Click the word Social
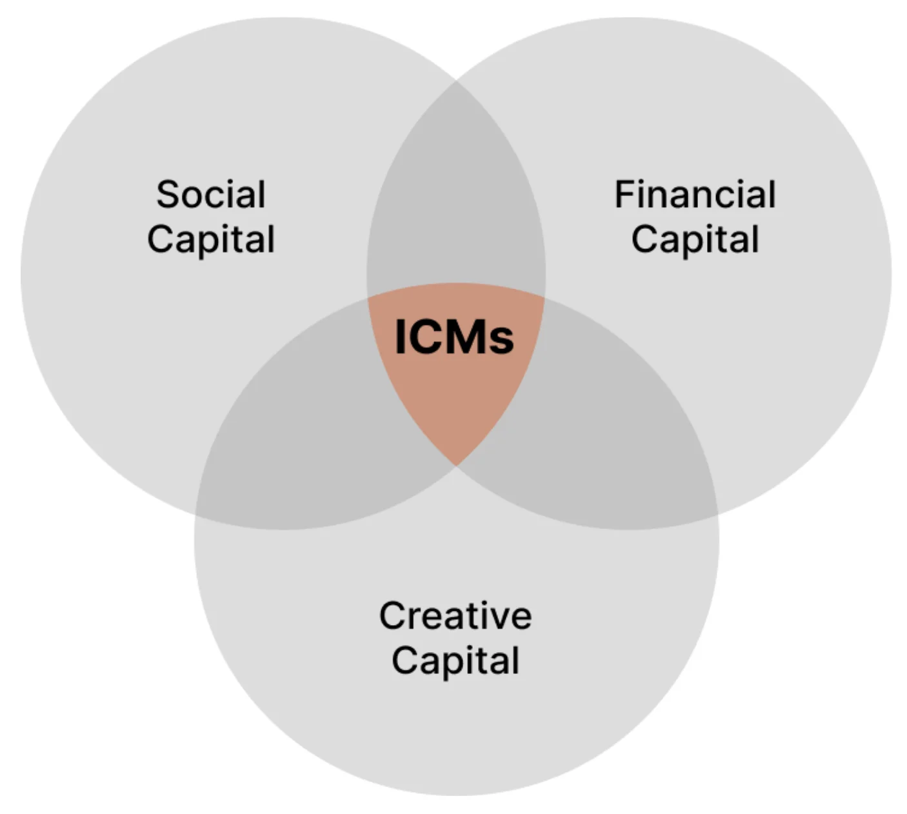tap(211, 195)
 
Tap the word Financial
tap(695, 195)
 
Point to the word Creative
tap(455, 616)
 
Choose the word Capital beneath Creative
tap(455, 661)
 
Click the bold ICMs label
tap(454, 337)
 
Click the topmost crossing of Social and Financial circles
tap(456, 81)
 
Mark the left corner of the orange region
tap(368, 298)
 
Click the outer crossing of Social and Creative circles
tap(197, 514)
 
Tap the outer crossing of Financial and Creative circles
tap(717, 514)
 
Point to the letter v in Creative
tap(497, 617)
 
